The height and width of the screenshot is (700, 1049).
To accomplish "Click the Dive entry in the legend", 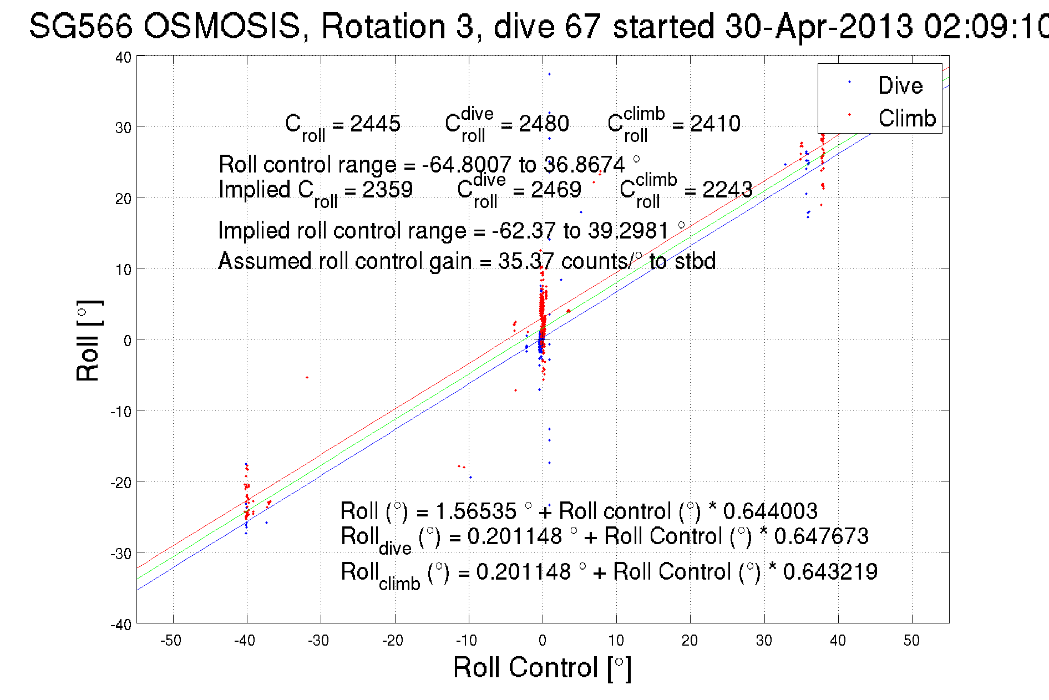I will [900, 85].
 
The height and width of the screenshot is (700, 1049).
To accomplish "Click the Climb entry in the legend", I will [906, 118].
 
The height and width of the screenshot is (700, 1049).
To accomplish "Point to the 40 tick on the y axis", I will [123, 57].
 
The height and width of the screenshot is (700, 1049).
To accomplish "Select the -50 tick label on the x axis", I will [171, 641].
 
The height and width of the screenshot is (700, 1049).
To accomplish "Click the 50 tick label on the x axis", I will [911, 641].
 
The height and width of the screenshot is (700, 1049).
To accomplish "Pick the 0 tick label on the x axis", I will [543, 641].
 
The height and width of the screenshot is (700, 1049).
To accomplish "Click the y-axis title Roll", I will [88, 341].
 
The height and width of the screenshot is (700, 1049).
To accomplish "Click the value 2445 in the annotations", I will [375, 123].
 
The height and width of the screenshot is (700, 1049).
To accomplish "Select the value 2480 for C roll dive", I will [544, 123].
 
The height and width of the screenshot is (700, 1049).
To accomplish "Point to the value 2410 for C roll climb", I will [715, 123].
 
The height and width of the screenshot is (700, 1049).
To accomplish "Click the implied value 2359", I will [387, 190].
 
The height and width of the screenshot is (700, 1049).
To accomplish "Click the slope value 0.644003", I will [770, 511].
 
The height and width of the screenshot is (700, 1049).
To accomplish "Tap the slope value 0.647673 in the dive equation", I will [821, 536].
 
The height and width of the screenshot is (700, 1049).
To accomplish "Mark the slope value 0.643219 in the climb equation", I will [830, 571].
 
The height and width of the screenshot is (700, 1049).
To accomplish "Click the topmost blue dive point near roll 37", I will [549, 74].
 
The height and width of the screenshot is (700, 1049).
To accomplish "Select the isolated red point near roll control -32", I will [307, 378].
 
